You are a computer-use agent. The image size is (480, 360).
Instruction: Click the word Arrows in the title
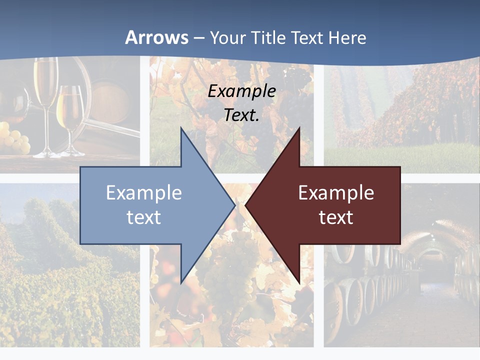coord(156,37)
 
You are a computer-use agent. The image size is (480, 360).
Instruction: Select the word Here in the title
coord(348,37)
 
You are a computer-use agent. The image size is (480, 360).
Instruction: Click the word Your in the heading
coord(228,37)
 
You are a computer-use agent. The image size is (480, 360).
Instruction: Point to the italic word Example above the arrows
coord(241,91)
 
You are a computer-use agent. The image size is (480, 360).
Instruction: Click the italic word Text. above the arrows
coord(241,115)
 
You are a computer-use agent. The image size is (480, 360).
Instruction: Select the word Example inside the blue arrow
coord(144,193)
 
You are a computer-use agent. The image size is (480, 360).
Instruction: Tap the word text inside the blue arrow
coord(144,217)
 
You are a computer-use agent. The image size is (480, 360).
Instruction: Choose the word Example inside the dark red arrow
coord(336,193)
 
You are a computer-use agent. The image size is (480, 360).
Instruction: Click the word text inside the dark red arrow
coord(336,217)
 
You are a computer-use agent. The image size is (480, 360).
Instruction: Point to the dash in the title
coord(198,38)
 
